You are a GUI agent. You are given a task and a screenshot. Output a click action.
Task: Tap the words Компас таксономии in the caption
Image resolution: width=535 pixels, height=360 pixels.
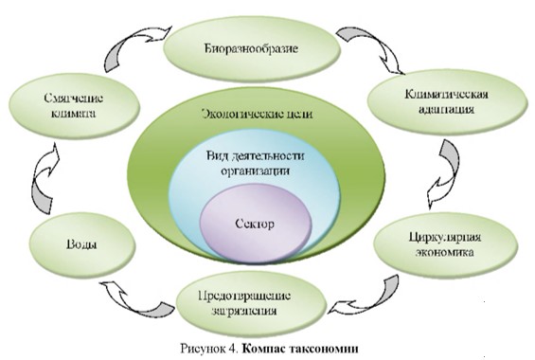(x=307, y=346)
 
